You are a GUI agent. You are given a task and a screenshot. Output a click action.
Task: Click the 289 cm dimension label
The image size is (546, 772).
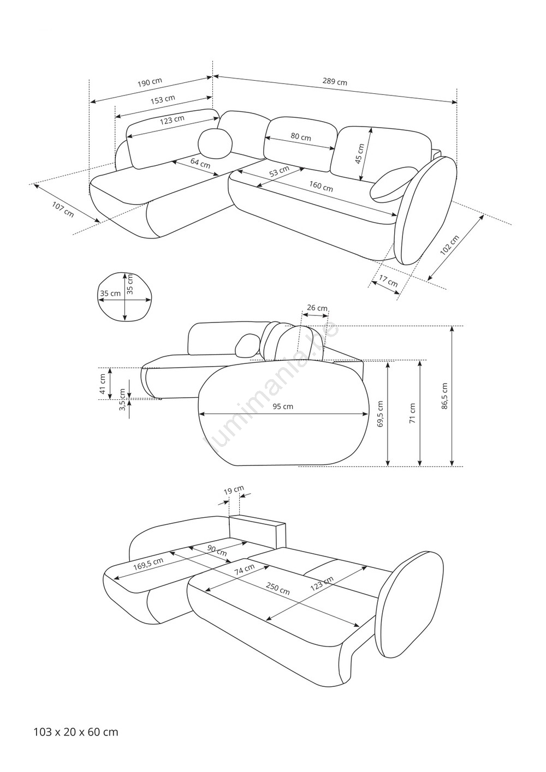pyautogui.click(x=335, y=82)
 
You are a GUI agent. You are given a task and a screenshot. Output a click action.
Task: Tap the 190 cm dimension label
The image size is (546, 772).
pyautogui.click(x=150, y=82)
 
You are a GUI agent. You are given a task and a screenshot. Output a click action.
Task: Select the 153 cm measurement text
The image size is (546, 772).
pyautogui.click(x=163, y=99)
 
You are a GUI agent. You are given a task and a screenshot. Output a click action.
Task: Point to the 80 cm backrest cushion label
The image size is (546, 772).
pyautogui.click(x=301, y=137)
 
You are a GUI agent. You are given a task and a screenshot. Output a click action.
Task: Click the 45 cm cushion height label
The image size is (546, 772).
pyautogui.click(x=360, y=154)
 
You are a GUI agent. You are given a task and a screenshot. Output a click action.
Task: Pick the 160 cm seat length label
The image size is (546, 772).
pyautogui.click(x=321, y=187)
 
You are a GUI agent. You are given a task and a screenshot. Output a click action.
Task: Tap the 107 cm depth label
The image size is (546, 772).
pyautogui.click(x=63, y=210)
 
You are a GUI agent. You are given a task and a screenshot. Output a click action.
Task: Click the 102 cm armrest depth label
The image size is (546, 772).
pyautogui.click(x=450, y=245)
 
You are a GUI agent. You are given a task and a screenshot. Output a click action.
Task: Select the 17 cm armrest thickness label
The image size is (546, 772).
pyautogui.click(x=388, y=281)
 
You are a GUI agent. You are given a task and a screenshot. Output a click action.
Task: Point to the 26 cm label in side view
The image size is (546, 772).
pyautogui.click(x=317, y=308)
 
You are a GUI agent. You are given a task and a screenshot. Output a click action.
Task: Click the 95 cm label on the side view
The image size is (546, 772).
pyautogui.click(x=283, y=406)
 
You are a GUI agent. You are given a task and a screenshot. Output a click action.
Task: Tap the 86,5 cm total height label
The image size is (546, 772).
pyautogui.click(x=444, y=396)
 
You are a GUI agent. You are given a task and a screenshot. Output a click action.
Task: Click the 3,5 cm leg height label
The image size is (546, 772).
pyautogui.click(x=122, y=400)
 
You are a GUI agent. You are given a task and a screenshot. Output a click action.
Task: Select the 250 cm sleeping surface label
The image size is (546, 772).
pyautogui.click(x=278, y=588)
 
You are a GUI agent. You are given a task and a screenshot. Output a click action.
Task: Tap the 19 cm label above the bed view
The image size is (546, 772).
pyautogui.click(x=234, y=490)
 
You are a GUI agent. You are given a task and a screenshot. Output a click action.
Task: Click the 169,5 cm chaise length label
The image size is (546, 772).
pyautogui.click(x=148, y=564)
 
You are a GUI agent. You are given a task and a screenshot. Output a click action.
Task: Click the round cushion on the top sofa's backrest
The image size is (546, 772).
pyautogui.click(x=216, y=143)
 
